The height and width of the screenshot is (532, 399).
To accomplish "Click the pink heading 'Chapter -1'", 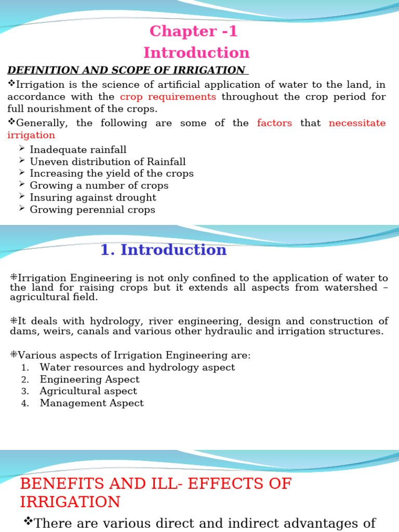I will point(193,32).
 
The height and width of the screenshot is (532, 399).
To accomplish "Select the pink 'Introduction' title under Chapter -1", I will point(196,53).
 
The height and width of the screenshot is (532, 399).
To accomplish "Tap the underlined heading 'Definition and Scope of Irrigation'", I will point(126,70).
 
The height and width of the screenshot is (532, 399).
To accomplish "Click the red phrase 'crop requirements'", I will point(168,97).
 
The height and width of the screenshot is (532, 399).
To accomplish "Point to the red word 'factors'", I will point(274,123).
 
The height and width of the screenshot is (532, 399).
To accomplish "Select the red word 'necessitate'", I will point(357,123).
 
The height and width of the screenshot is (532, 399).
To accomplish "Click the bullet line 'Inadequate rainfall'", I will point(78,150).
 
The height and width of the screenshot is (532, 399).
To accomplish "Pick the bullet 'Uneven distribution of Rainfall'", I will point(108,162).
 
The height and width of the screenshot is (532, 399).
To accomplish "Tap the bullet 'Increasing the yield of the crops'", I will point(112,174).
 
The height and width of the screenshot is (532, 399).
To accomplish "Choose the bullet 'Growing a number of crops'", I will point(99,186).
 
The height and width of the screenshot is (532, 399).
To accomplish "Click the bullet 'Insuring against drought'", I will point(93,198).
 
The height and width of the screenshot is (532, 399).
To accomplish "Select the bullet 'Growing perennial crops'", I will point(92,210).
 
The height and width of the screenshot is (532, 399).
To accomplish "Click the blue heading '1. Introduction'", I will point(163,250).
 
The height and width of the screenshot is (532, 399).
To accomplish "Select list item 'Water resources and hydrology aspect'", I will point(137,368).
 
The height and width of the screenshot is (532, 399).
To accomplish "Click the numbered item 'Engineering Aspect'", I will point(89,380).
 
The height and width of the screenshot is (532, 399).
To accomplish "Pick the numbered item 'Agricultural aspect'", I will point(88,392).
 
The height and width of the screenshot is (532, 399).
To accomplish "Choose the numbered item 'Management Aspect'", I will point(91,404).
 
